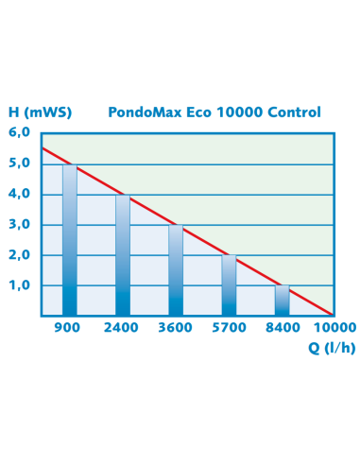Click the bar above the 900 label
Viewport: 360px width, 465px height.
point(69,240)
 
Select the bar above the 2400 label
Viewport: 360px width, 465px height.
point(123,255)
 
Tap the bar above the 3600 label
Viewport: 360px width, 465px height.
point(176,270)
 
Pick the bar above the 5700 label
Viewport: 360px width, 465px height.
point(229,285)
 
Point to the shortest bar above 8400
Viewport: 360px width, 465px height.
point(282,301)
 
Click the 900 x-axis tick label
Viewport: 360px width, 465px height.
point(68,327)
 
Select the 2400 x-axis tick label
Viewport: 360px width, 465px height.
point(121,327)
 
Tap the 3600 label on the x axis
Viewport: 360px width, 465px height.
point(176,327)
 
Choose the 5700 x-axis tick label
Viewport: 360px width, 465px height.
point(229,327)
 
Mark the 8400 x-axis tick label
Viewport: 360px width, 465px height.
point(282,327)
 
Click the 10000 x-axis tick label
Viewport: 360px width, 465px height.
point(334,327)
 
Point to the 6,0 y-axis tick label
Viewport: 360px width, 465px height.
point(20,132)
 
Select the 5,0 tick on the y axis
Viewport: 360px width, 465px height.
point(20,163)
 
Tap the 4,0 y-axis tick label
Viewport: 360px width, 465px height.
point(20,194)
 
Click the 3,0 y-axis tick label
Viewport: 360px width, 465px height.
point(20,224)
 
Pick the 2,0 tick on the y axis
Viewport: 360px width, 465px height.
point(20,255)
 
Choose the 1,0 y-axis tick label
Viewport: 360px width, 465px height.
point(20,285)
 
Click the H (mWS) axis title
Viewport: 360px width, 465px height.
point(39,112)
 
